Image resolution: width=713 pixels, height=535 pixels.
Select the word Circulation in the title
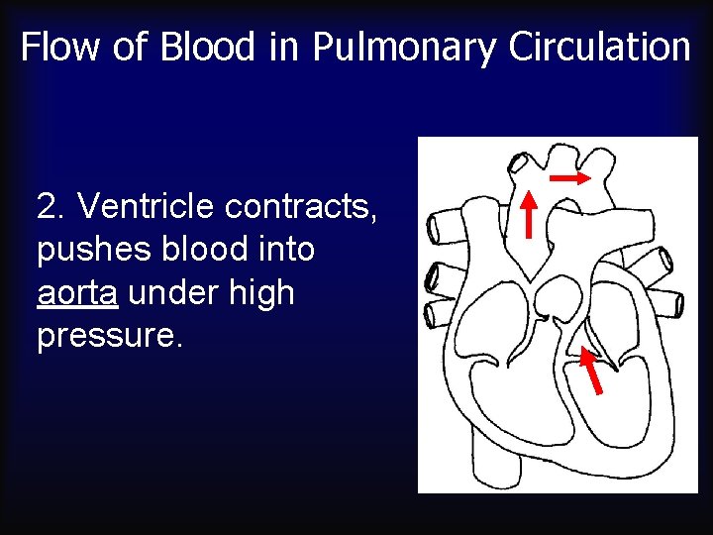tap(599, 47)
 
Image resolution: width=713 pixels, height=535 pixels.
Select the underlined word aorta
tap(71, 293)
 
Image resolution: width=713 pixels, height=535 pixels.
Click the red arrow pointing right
tap(569, 177)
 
